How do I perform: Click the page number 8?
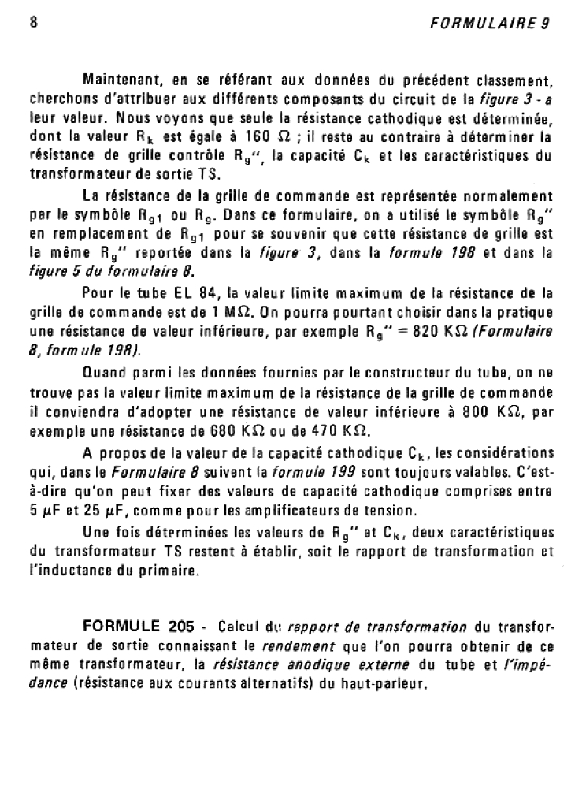[34, 22]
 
